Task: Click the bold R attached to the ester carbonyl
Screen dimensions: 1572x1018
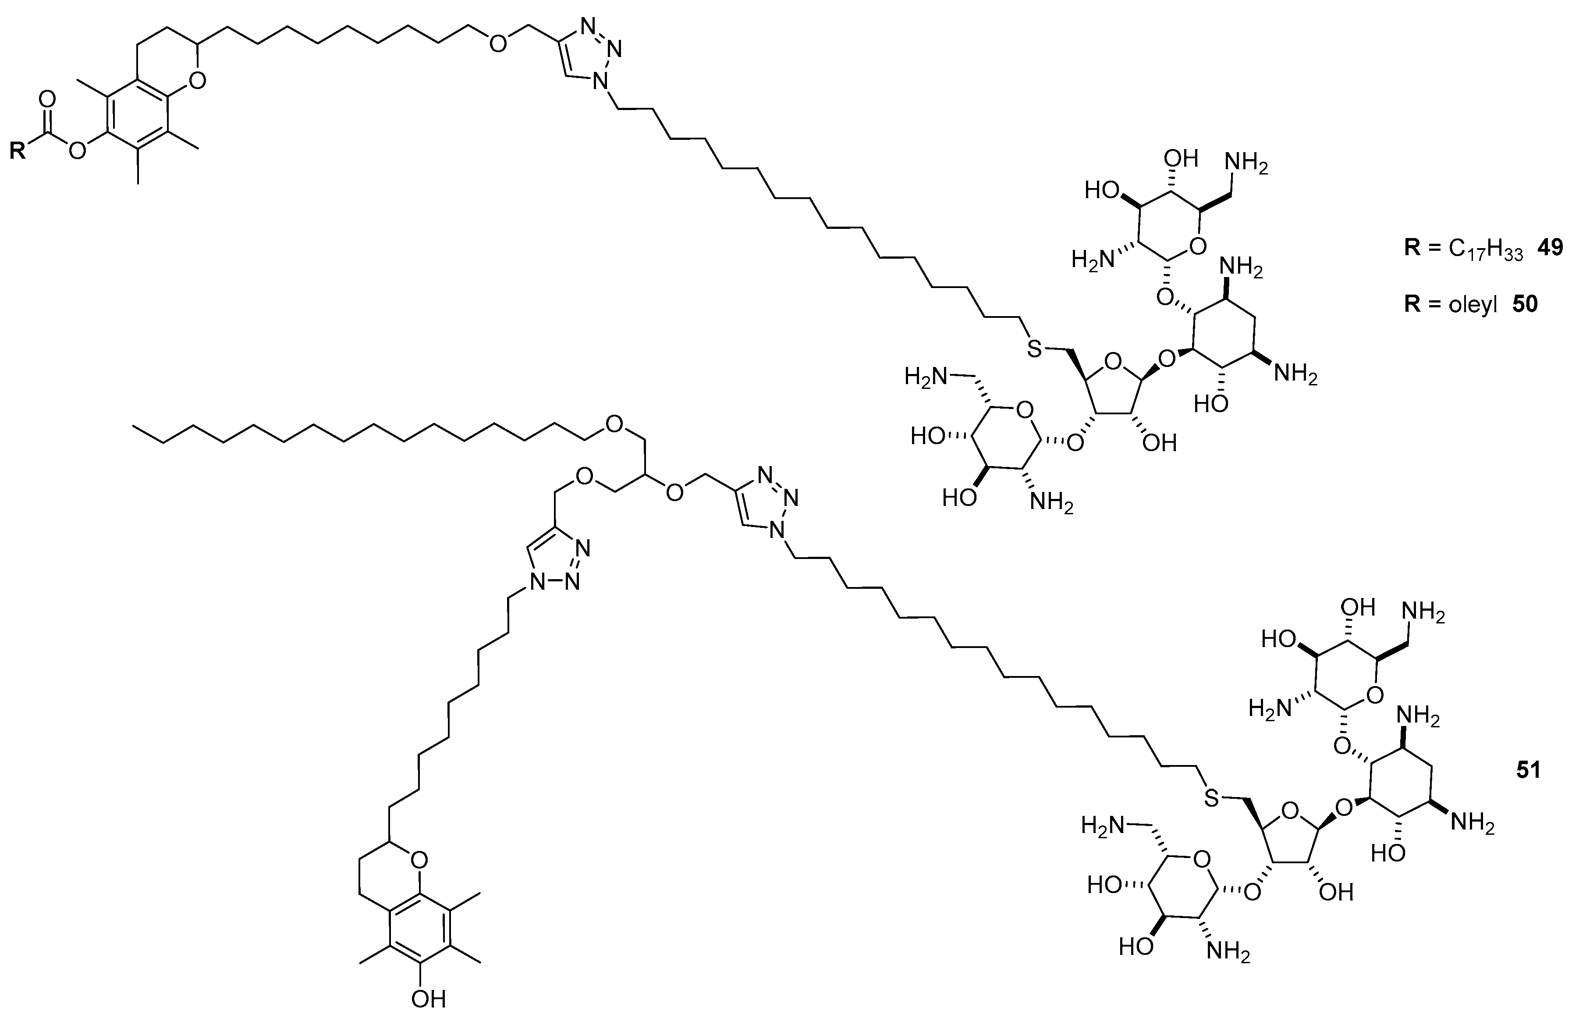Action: click(x=18, y=151)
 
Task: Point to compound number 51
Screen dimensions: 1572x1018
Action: click(x=1528, y=770)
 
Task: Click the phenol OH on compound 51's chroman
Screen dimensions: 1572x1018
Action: click(x=428, y=999)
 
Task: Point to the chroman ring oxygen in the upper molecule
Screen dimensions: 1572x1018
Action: click(x=196, y=81)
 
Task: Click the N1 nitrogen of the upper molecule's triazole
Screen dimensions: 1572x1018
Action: click(x=599, y=82)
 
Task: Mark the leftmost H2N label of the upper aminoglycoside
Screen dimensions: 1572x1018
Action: click(x=923, y=377)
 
